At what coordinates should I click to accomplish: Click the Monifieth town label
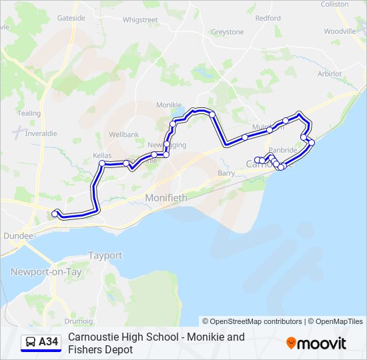pos(166,198)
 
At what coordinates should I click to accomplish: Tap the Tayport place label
pos(105,255)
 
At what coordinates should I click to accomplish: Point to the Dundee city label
pos(18,235)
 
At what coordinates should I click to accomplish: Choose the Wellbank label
pos(123,135)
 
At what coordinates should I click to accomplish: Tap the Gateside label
pos(71,18)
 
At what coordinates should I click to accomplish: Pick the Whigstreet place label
pos(140,20)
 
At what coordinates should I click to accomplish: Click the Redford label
pos(268,18)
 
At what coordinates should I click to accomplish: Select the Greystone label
pos(228,32)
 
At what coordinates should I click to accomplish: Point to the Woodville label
pos(340,31)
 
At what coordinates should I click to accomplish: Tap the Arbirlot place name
pos(330,73)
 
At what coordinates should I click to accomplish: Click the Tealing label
pos(29,113)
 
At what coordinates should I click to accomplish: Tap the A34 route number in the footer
pos(48,342)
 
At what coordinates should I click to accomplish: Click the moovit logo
pos(316,343)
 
